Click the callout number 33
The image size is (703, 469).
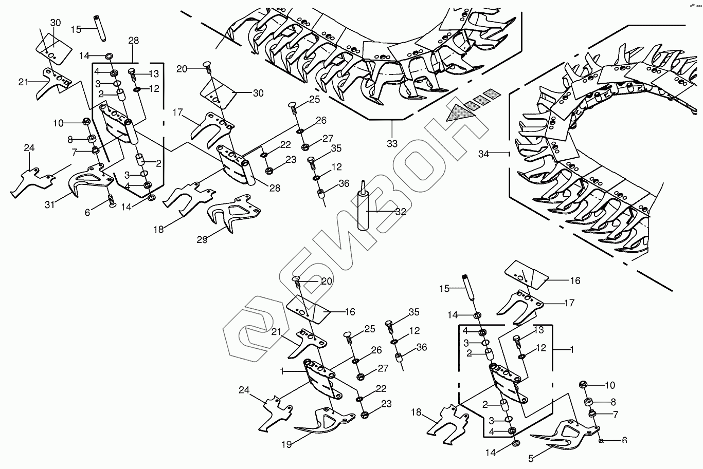pyautogui.click(x=392, y=144)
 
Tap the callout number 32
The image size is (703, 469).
pyautogui.click(x=401, y=212)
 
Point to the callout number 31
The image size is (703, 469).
pyautogui.click(x=49, y=204)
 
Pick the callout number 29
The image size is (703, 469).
pyautogui.click(x=202, y=239)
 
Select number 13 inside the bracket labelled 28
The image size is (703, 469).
pyautogui.click(x=153, y=73)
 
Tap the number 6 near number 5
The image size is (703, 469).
pyautogui.click(x=624, y=440)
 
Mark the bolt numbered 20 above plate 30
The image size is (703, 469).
pyautogui.click(x=207, y=65)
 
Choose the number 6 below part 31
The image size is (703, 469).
pyautogui.click(x=87, y=212)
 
